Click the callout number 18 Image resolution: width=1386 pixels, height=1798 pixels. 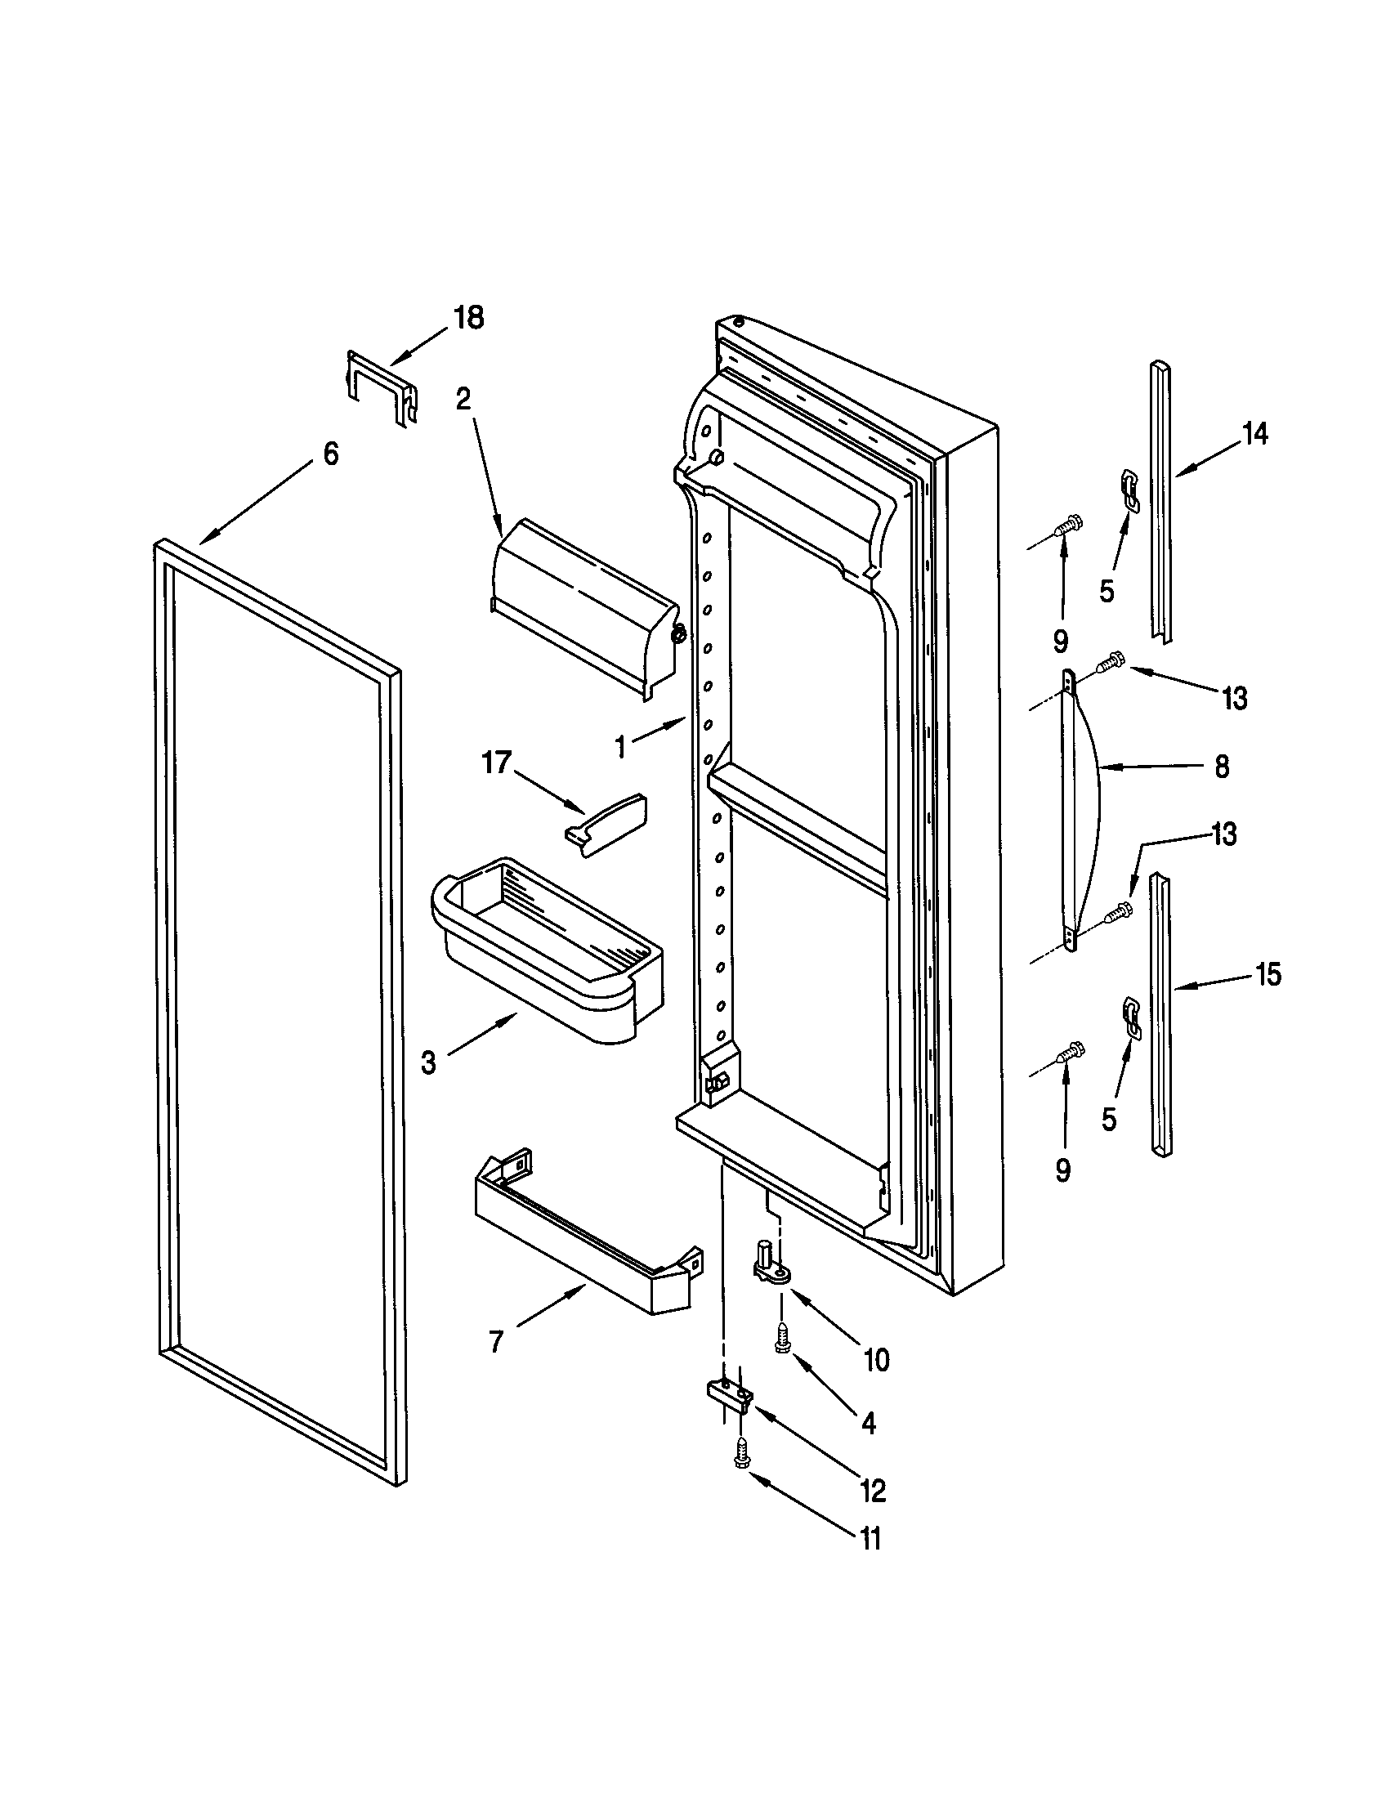point(469,318)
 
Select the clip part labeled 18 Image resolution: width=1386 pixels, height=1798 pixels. point(381,387)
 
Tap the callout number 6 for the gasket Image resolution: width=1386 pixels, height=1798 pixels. point(330,453)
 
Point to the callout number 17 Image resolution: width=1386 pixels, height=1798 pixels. point(497,763)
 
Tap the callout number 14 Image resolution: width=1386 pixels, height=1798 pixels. point(1254,433)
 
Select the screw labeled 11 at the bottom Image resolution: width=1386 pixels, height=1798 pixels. point(740,1456)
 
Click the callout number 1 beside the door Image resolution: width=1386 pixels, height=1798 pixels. point(621,748)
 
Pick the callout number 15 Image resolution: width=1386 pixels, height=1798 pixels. point(1268,975)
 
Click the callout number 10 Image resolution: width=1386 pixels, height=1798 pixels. point(878,1361)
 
